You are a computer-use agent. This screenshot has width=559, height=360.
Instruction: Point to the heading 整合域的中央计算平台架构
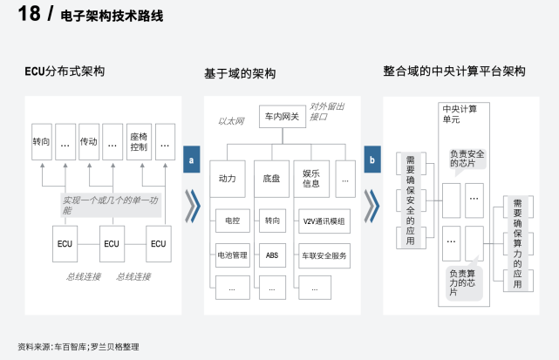(454, 71)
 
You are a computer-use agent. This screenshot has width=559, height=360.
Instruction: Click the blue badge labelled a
(191, 160)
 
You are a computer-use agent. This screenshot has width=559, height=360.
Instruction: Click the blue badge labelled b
(372, 160)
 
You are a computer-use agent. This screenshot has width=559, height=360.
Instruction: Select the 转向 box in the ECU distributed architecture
(41, 140)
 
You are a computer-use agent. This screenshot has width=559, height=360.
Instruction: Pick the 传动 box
(88, 140)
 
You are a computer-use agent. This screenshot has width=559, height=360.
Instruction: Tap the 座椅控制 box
(138, 140)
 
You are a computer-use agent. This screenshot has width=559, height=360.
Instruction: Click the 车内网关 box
(282, 117)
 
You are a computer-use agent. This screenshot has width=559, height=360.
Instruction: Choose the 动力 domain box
(228, 178)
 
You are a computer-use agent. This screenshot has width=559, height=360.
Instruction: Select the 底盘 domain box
(272, 178)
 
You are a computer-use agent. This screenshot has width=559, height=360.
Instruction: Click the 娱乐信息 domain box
(311, 178)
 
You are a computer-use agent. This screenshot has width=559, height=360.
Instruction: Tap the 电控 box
(232, 222)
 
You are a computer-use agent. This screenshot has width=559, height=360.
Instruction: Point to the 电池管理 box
(232, 255)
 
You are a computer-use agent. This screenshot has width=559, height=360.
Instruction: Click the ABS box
(272, 255)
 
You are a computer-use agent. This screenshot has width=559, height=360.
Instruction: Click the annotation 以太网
(230, 121)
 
